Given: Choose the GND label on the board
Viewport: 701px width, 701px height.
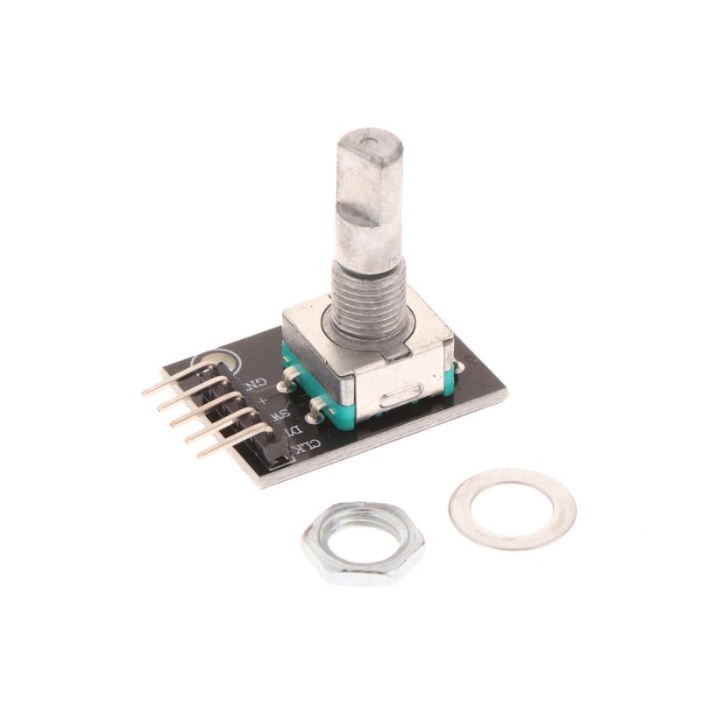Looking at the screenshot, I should click(x=253, y=383).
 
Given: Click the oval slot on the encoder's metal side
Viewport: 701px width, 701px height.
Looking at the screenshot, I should click(x=404, y=401).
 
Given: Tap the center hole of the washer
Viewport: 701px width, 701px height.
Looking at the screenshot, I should click(x=512, y=507).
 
